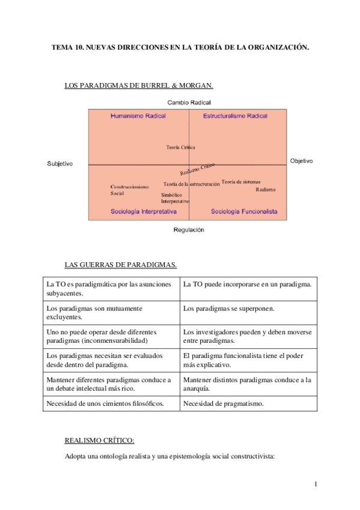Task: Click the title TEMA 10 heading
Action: (180, 47)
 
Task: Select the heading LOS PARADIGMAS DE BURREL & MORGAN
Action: (138, 86)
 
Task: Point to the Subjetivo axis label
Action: (59, 164)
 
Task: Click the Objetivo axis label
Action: (302, 161)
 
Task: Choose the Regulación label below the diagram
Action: (189, 230)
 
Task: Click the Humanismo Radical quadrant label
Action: (138, 115)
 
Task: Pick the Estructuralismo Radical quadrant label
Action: (235, 115)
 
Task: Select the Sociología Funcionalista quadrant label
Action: (244, 212)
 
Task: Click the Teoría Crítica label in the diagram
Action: (180, 147)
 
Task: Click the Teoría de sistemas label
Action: (240, 182)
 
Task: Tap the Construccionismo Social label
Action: (129, 190)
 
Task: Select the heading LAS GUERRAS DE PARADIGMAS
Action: (120, 264)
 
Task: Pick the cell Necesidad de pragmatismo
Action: (225, 404)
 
